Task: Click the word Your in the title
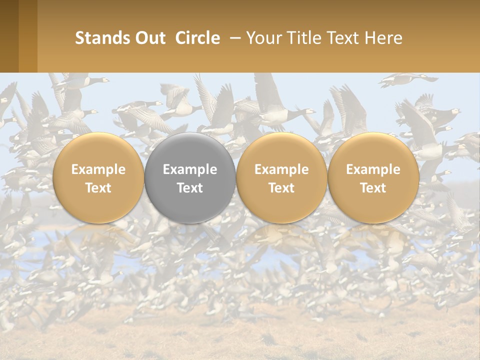coord(264,38)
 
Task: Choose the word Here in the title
coord(385,38)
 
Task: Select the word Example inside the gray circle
coord(190,169)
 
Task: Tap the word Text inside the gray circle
coord(190,188)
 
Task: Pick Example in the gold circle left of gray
coord(98,169)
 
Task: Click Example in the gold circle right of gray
coord(281,169)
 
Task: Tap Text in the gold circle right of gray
coord(281,188)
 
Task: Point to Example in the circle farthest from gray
coord(373,169)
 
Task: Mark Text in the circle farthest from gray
coord(373,188)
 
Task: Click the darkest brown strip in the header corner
coord(9,36)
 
